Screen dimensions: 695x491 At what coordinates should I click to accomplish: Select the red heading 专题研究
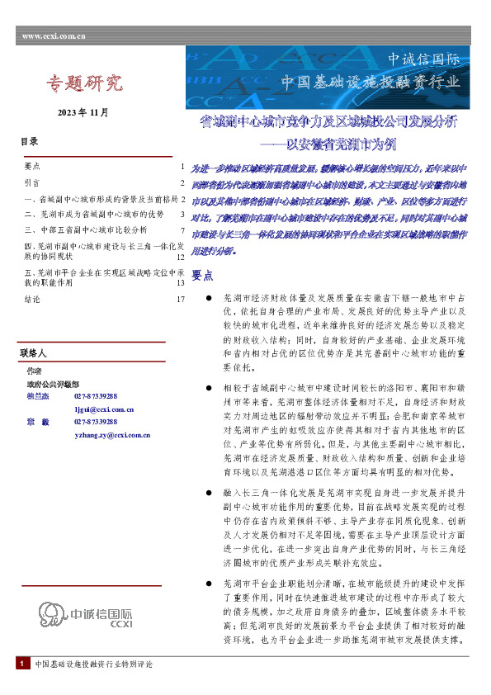coord(84,83)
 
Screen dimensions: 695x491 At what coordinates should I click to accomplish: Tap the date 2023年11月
coord(83,111)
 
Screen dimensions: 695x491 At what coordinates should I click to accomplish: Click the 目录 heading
coord(30,142)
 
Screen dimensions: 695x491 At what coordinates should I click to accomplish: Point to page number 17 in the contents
coord(179,299)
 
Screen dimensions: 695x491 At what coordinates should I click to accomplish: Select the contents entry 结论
coord(34,299)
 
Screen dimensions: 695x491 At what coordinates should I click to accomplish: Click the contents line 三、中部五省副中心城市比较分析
coord(87,229)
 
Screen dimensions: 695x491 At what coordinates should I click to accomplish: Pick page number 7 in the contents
coord(182,229)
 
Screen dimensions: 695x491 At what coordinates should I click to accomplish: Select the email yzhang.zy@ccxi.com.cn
coord(112,434)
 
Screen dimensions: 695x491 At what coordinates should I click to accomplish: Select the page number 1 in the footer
coord(20,688)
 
